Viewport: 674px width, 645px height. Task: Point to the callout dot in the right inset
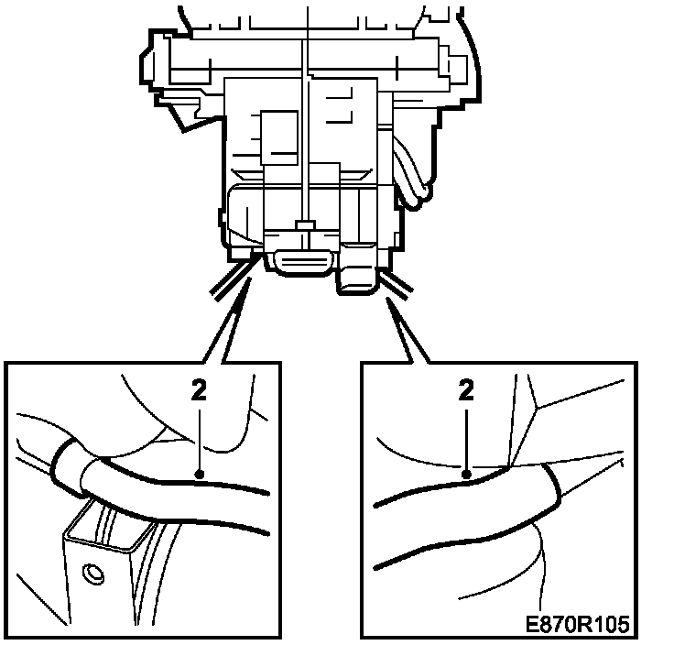467,475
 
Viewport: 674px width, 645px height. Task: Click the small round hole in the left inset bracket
92,574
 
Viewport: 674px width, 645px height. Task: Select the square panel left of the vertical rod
278,137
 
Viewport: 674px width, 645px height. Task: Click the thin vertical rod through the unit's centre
304,110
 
